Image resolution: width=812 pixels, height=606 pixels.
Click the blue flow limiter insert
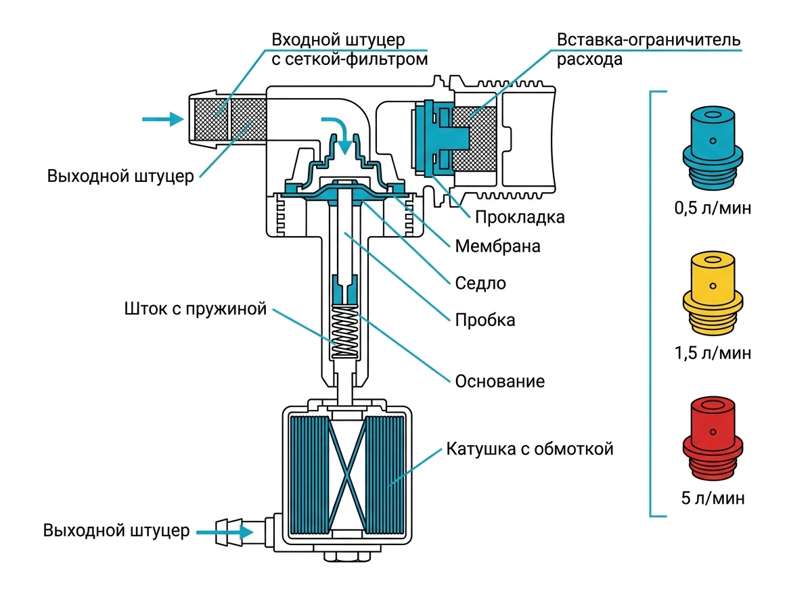(x=712, y=149)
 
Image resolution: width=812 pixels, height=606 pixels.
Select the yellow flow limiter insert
(x=712, y=294)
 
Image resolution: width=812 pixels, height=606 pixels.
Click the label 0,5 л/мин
(x=713, y=208)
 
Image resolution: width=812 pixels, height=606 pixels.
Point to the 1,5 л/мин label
(x=713, y=353)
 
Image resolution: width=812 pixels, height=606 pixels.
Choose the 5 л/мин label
(x=713, y=498)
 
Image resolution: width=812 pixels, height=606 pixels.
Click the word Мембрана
(x=497, y=246)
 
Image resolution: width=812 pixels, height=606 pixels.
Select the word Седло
(x=480, y=283)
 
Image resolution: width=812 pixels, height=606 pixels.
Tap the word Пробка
(x=484, y=320)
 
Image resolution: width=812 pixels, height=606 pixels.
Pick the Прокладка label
(x=520, y=217)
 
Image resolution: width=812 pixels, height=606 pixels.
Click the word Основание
(x=499, y=381)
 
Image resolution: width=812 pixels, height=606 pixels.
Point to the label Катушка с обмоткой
(x=530, y=449)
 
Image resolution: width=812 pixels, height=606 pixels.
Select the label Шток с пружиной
(x=195, y=309)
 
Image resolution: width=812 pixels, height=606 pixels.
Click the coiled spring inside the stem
(x=344, y=331)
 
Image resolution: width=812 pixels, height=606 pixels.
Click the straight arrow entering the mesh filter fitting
(x=163, y=119)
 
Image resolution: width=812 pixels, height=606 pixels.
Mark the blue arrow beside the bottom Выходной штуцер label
(x=225, y=532)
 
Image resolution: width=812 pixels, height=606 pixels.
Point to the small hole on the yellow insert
(x=713, y=286)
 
